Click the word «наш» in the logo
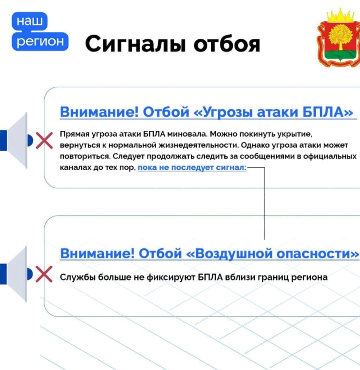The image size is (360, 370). pyautogui.click(x=30, y=21)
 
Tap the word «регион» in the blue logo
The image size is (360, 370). pyautogui.click(x=40, y=41)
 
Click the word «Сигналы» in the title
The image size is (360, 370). pyautogui.click(x=135, y=44)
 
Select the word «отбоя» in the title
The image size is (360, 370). pyautogui.click(x=227, y=44)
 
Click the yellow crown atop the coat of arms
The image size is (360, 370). pyautogui.click(x=340, y=15)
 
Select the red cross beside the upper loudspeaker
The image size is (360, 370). pyautogui.click(x=44, y=141)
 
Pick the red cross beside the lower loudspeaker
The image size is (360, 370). pyautogui.click(x=44, y=274)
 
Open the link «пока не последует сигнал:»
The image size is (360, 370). pyautogui.click(x=192, y=168)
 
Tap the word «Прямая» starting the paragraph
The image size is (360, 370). pyautogui.click(x=75, y=134)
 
